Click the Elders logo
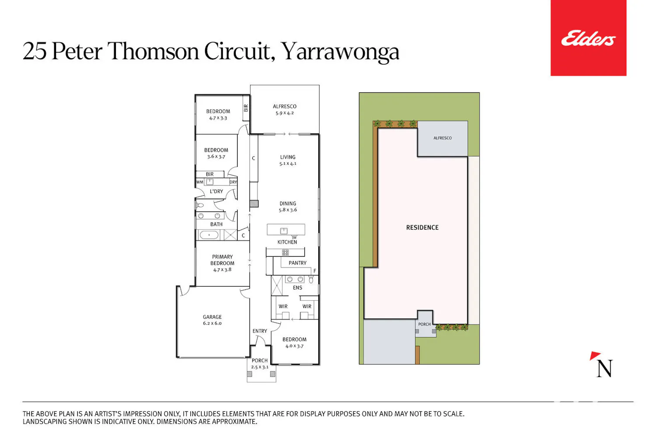pyautogui.click(x=588, y=38)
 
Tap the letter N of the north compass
pyautogui.click(x=604, y=368)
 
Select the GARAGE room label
pyautogui.click(x=212, y=317)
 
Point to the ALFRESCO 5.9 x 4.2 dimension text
pyautogui.click(x=284, y=113)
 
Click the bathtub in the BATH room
pyautogui.click(x=209, y=235)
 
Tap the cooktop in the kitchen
pyautogui.click(x=285, y=252)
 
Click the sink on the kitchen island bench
pyautogui.click(x=283, y=231)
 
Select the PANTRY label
pyautogui.click(x=297, y=263)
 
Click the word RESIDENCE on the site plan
pyautogui.click(x=422, y=227)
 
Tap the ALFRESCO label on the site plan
pyautogui.click(x=443, y=138)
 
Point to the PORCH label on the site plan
pyautogui.click(x=424, y=324)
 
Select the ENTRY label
pyautogui.click(x=260, y=331)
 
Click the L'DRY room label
pyautogui.click(x=216, y=191)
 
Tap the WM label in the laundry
pyautogui.click(x=200, y=182)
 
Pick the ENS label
pyautogui.click(x=297, y=288)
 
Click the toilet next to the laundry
pyautogui.click(x=200, y=205)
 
